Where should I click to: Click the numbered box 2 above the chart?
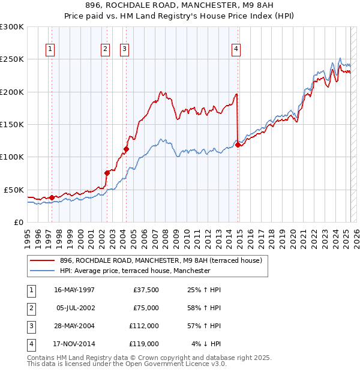105,49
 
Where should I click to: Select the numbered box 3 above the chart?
124,49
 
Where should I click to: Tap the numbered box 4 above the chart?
236,49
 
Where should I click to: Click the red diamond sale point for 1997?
52,197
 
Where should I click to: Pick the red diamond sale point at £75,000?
107,173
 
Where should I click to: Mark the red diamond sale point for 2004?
127,149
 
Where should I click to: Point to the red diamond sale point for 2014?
238,145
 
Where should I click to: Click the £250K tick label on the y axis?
12,59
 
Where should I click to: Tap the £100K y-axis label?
12,157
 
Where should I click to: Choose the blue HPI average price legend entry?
135,271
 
